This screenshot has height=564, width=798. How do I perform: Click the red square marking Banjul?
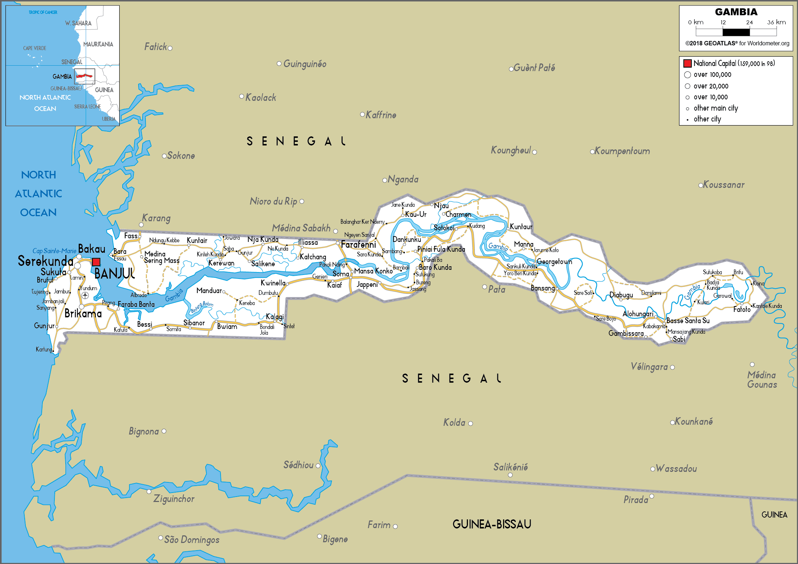(96, 262)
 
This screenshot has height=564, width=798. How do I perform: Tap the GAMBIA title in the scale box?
(736, 12)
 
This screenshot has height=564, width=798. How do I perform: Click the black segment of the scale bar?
(736, 32)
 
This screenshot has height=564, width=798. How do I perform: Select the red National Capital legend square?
(687, 63)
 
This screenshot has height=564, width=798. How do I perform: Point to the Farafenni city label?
(358, 245)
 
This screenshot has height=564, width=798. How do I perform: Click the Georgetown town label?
(554, 262)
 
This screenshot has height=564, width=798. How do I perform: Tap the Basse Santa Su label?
(688, 321)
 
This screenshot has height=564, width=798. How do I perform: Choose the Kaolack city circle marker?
(242, 96)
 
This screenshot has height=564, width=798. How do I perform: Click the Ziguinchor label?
(174, 499)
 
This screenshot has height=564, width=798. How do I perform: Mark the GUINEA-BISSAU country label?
(491, 524)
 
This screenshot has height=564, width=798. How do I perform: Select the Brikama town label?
(83, 313)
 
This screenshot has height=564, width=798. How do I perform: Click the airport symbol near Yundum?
(85, 296)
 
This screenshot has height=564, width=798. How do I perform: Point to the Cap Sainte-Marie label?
(54, 251)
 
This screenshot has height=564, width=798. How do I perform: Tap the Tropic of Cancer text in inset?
(43, 12)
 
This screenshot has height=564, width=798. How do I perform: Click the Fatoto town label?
(742, 309)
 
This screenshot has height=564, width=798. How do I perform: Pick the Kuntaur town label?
(521, 227)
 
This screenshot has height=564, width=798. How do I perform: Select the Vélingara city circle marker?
(672, 367)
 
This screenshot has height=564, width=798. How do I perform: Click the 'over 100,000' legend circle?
(687, 75)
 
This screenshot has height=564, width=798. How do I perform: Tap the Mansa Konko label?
(373, 271)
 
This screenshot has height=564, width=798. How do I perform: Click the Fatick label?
(156, 47)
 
